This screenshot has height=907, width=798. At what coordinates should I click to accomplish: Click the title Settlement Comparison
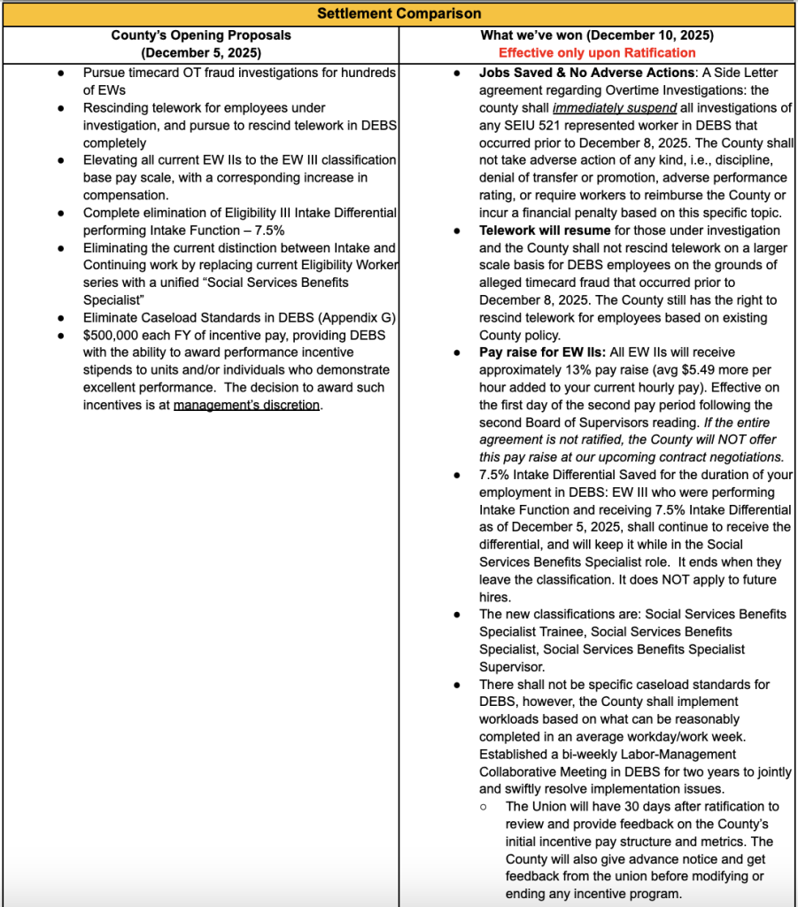(x=399, y=13)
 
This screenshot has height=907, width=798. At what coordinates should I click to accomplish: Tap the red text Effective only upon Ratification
(x=597, y=53)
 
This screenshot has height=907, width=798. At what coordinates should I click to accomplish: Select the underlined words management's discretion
(x=246, y=405)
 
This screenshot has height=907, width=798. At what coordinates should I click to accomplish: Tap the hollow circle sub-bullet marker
(x=483, y=807)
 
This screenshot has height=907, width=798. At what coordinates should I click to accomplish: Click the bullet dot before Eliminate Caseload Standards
(x=60, y=317)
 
